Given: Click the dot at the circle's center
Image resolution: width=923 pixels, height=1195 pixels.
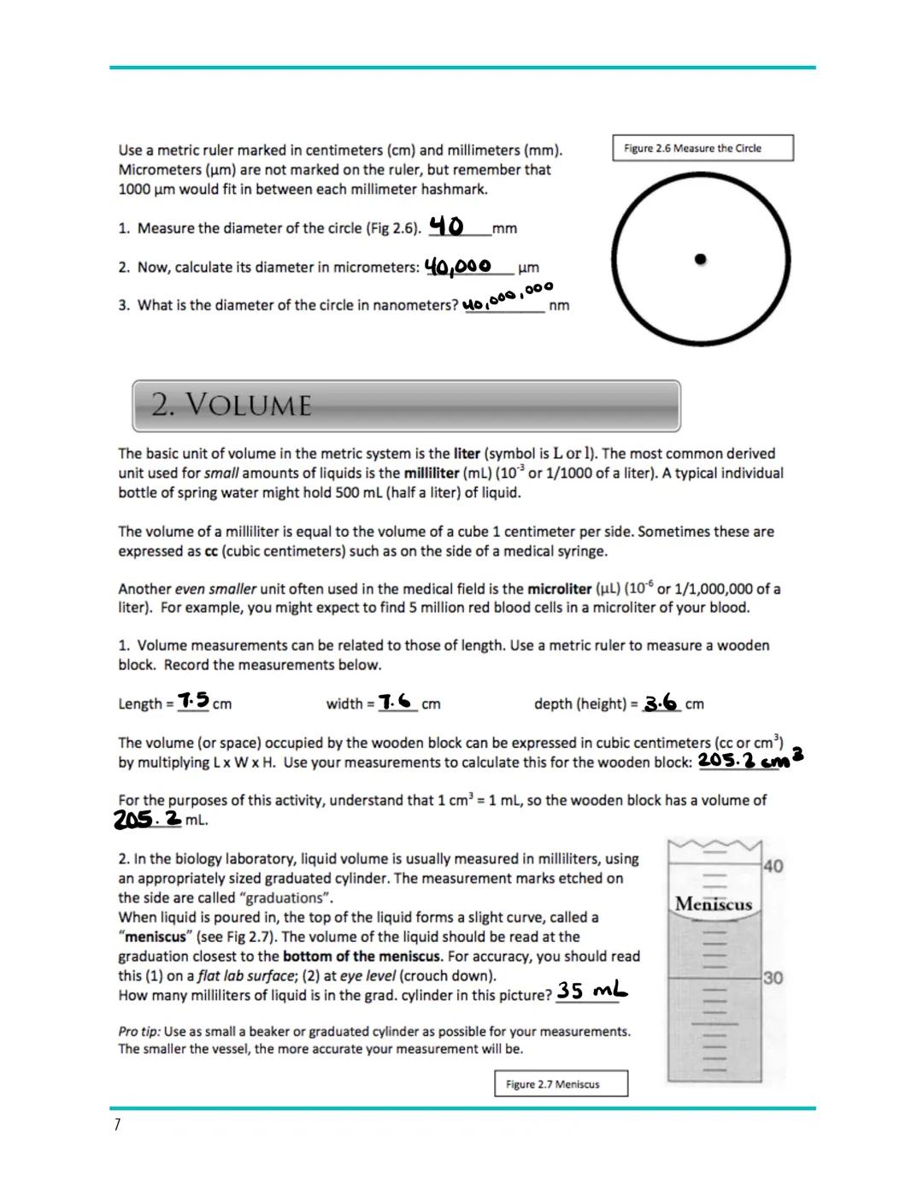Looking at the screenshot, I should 700,258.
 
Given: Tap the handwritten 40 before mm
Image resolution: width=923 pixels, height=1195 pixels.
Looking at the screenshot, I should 446,227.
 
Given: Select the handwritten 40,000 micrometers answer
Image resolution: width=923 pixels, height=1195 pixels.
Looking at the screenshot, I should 457,267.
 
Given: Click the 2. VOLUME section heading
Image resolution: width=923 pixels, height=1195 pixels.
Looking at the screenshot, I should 232,405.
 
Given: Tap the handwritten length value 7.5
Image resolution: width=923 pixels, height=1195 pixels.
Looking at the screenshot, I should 194,700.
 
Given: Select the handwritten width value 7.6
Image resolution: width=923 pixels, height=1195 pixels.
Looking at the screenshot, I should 397,701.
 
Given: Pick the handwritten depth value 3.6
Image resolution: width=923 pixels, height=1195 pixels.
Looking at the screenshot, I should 661,703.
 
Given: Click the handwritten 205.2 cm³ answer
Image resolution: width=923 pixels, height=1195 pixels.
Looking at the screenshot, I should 750,760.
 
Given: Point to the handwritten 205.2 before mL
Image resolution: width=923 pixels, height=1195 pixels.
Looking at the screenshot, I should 147,819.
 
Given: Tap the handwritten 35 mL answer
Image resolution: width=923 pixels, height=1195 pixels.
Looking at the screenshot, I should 591,991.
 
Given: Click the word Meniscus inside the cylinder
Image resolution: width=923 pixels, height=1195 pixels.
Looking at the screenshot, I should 713,904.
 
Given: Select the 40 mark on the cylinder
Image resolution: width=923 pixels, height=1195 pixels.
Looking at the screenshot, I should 772,866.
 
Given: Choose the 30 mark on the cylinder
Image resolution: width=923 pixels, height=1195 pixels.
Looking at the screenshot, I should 772,977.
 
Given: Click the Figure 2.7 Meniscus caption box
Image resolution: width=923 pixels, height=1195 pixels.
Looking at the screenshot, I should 561,1084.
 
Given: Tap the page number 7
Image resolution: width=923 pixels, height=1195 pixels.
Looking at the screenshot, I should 117,1125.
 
